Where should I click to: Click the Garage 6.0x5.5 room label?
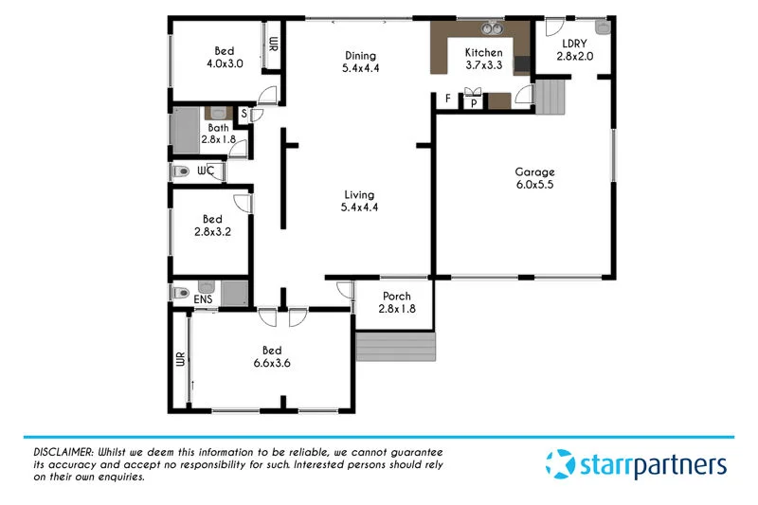[534, 178]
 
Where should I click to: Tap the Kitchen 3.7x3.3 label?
[482, 59]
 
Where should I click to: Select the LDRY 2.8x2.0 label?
[575, 49]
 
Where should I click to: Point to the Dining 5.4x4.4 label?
[360, 62]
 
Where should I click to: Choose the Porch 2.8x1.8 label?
[396, 302]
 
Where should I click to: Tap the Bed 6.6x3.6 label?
[271, 356]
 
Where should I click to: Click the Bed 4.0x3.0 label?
[224, 57]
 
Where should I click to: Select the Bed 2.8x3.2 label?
[211, 225]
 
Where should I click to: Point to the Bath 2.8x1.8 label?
[218, 134]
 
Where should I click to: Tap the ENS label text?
[203, 300]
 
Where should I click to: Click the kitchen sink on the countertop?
[491, 28]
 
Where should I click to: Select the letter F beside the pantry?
[448, 99]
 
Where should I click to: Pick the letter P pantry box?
[473, 102]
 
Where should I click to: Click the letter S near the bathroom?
[244, 114]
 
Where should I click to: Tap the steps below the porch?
[395, 347]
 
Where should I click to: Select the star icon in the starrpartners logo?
[559, 464]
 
